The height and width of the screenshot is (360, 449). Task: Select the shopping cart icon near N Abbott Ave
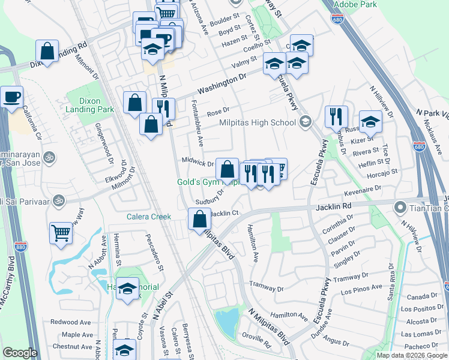tap(61, 232)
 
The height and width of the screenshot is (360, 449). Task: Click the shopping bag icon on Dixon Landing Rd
tap(47, 51)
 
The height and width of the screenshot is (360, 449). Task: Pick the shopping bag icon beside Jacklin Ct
tap(199, 219)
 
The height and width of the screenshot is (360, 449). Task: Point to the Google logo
tap(20, 353)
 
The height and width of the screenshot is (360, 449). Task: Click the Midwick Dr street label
tap(198, 163)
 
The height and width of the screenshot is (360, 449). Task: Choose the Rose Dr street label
tap(218, 111)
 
